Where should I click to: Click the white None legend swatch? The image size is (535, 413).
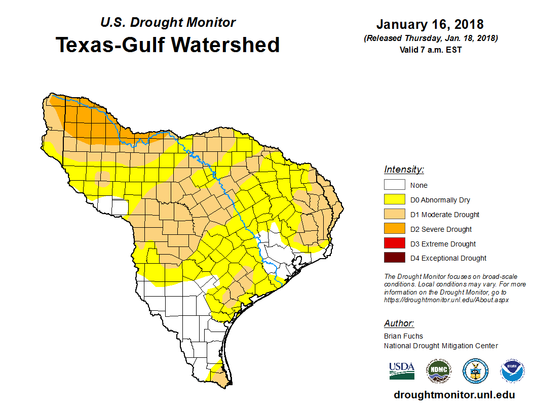point(394,185)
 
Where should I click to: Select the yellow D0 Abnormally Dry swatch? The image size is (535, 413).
point(394,200)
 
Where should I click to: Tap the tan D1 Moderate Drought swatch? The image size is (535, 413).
point(394,215)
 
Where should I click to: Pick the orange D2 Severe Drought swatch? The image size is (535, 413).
point(394,229)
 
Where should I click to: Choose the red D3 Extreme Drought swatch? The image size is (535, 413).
point(394,243)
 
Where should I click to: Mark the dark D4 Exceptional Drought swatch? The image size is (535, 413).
point(394,258)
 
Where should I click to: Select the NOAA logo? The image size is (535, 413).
point(512,371)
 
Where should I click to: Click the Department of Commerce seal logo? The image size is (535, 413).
point(475,371)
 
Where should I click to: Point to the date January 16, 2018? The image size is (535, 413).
point(430,24)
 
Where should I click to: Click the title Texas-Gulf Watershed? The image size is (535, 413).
point(168,45)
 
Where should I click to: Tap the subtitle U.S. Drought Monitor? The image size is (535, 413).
point(168,23)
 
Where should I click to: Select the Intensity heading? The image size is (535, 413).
point(404,170)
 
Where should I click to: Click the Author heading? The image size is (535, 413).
point(399,323)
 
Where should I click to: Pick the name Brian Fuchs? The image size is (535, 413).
point(403,336)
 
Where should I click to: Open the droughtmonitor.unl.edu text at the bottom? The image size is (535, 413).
point(454,395)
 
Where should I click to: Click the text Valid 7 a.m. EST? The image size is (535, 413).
point(430,49)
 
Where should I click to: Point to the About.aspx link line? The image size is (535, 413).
point(446,300)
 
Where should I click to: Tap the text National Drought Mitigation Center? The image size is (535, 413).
point(441,346)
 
